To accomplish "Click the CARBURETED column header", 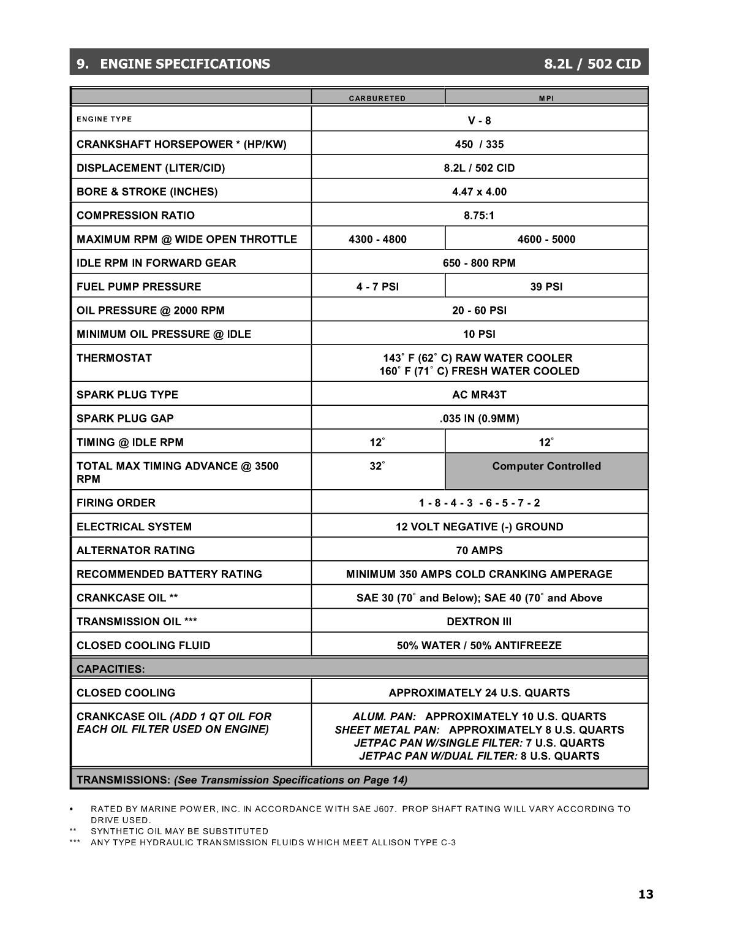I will [377, 98].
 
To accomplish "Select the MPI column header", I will [546, 98].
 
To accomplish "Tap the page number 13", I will [646, 894].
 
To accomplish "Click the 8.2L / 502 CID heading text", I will [592, 64].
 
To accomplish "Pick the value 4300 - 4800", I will [377, 239].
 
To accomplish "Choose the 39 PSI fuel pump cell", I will [546, 287].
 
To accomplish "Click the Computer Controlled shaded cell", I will [546, 466].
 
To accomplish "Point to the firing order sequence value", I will [479, 503].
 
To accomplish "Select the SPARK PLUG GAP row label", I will [125, 419].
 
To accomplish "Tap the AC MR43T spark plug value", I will [479, 395].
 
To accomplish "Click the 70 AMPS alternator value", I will [479, 550].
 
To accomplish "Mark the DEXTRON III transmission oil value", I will [479, 622].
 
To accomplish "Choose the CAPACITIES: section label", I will [111, 669].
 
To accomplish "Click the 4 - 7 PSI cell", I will [377, 287].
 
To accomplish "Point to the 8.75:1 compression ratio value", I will [479, 216].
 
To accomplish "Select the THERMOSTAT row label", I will [114, 358].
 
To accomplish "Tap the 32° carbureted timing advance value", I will [377, 466].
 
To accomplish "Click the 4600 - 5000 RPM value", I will [546, 239].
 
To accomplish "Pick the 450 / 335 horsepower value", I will [479, 145].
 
